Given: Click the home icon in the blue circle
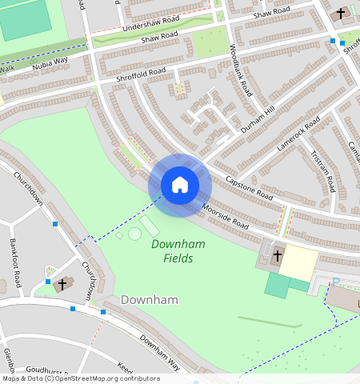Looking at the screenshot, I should [x=180, y=186].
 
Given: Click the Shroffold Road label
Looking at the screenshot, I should [x=141, y=74].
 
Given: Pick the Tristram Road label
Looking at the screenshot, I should [x=324, y=173].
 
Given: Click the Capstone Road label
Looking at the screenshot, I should [x=249, y=188].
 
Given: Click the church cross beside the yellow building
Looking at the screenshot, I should [x=278, y=256].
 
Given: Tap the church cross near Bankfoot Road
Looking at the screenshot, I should [x=62, y=284].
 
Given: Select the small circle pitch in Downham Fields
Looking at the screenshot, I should [x=134, y=234].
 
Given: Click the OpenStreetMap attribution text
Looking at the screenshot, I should [x=80, y=378].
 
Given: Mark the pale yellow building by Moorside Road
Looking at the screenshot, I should [x=298, y=262].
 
